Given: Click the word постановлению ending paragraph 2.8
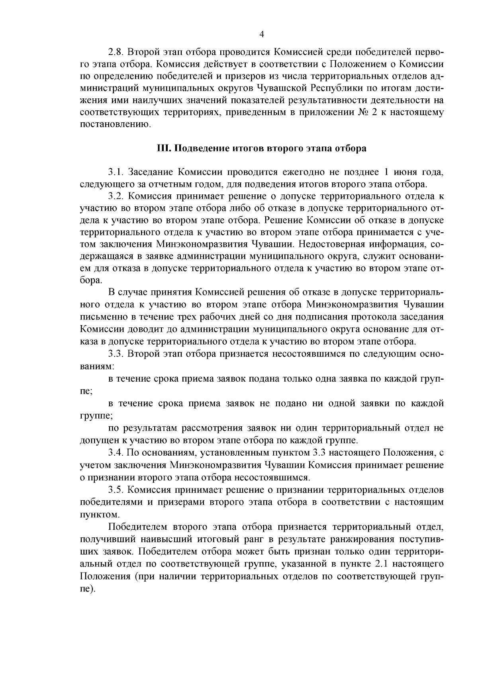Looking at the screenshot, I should click(x=116, y=125).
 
